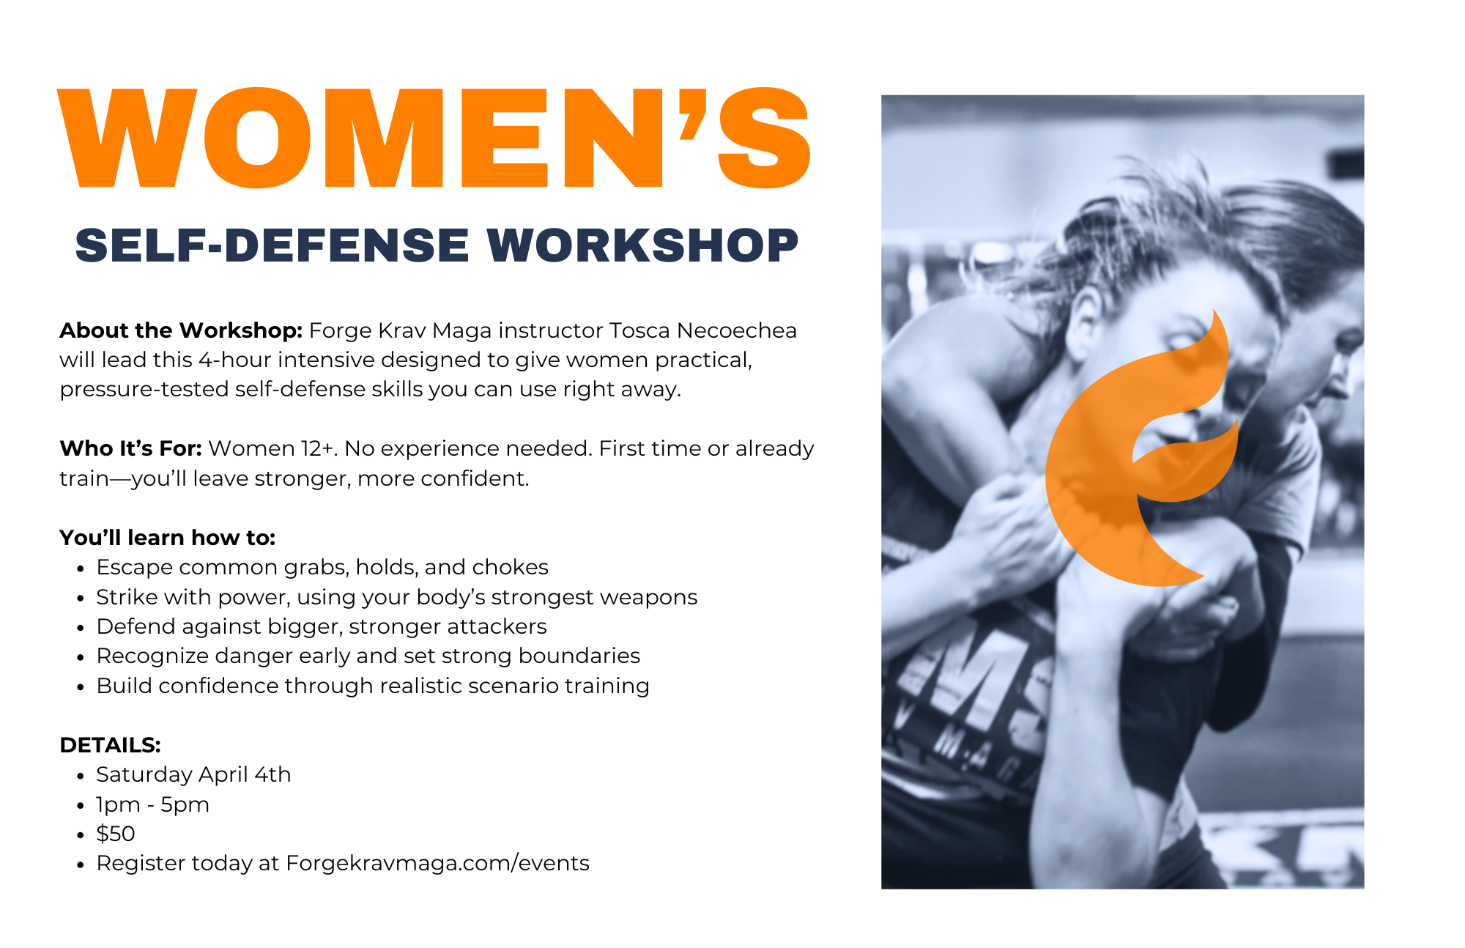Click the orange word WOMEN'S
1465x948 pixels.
click(434, 138)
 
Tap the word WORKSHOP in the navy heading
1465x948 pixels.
click(642, 245)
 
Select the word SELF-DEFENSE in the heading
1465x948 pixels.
click(272, 245)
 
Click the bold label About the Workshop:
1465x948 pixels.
click(181, 330)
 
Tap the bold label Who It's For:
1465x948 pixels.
click(130, 448)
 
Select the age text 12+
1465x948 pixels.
click(319, 448)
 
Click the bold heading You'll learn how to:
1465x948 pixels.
click(167, 538)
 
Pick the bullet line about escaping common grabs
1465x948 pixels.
click(322, 567)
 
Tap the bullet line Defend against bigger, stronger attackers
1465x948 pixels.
click(322, 626)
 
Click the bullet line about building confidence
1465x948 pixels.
click(373, 686)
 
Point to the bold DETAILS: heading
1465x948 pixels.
click(110, 745)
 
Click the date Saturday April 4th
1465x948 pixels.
click(193, 774)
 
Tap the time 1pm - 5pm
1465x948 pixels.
click(152, 804)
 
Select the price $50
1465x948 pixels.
click(116, 834)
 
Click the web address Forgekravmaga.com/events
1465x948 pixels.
click(437, 863)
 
